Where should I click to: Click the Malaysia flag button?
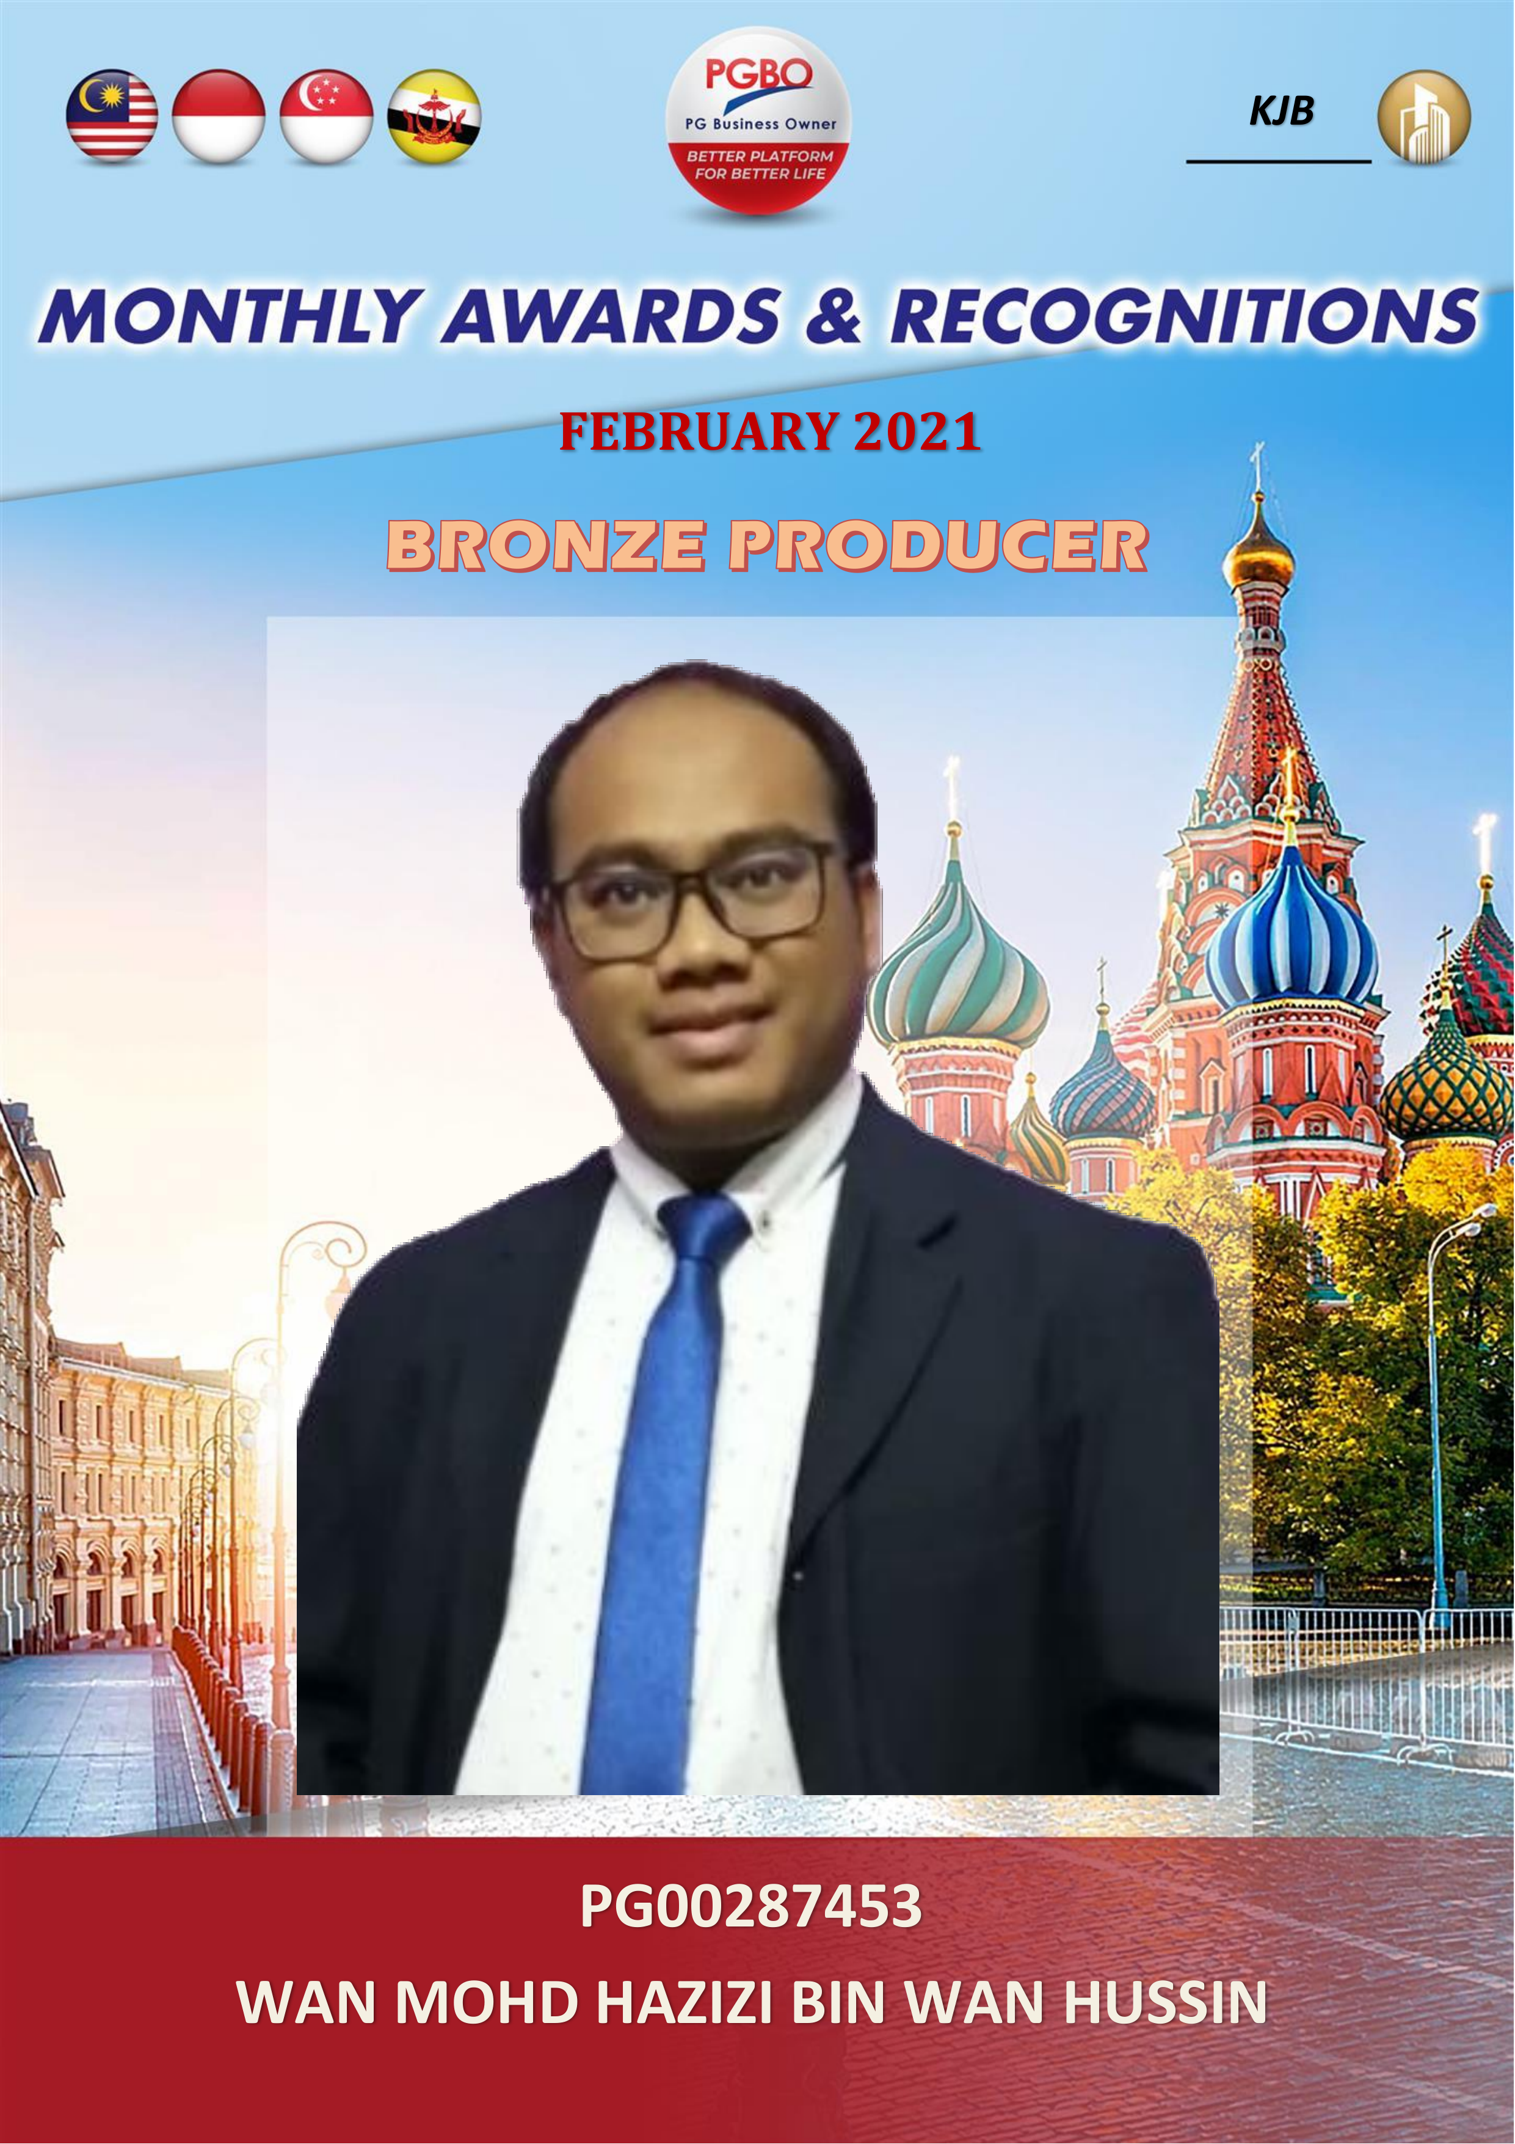point(112,116)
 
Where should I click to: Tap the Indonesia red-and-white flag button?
point(219,116)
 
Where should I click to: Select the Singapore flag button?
point(327,116)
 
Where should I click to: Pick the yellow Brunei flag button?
point(434,116)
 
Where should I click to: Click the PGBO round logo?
point(758,120)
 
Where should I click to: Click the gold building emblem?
point(1423,118)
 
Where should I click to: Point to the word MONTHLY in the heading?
point(231,316)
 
